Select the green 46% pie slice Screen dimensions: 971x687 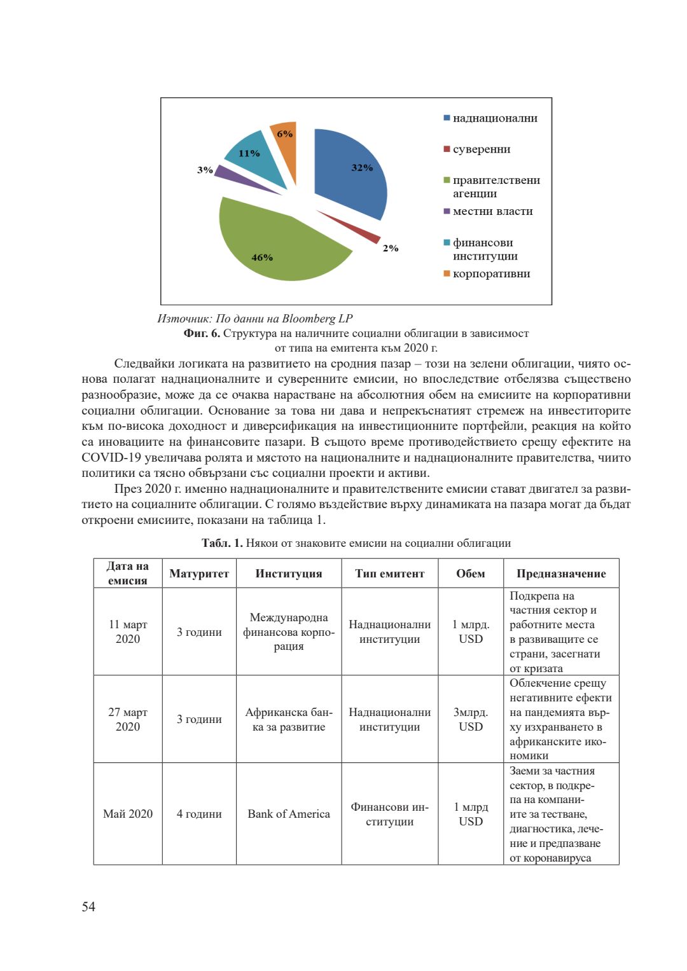pos(280,245)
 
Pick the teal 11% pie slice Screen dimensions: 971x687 pos(258,159)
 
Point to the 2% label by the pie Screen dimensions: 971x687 pos(391,248)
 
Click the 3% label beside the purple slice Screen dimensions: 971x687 pos(205,170)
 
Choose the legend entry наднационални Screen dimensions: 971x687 pos(494,118)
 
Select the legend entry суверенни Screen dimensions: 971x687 pos(481,149)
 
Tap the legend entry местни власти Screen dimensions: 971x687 pos(492,211)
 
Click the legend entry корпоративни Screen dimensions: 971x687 pos(491,274)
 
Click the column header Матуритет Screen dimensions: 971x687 pos(199,574)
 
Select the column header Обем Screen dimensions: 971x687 pos(471,574)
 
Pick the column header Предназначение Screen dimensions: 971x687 pos(561,574)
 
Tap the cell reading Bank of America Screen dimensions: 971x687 pos(289,814)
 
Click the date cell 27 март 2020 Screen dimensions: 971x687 pos(128,719)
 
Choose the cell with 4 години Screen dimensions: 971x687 pos(199,814)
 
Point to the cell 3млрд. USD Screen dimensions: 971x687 pos(471,719)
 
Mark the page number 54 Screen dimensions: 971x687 pos(88,907)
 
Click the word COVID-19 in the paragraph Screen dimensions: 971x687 pos(111,458)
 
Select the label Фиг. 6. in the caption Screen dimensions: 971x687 pos(202,333)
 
